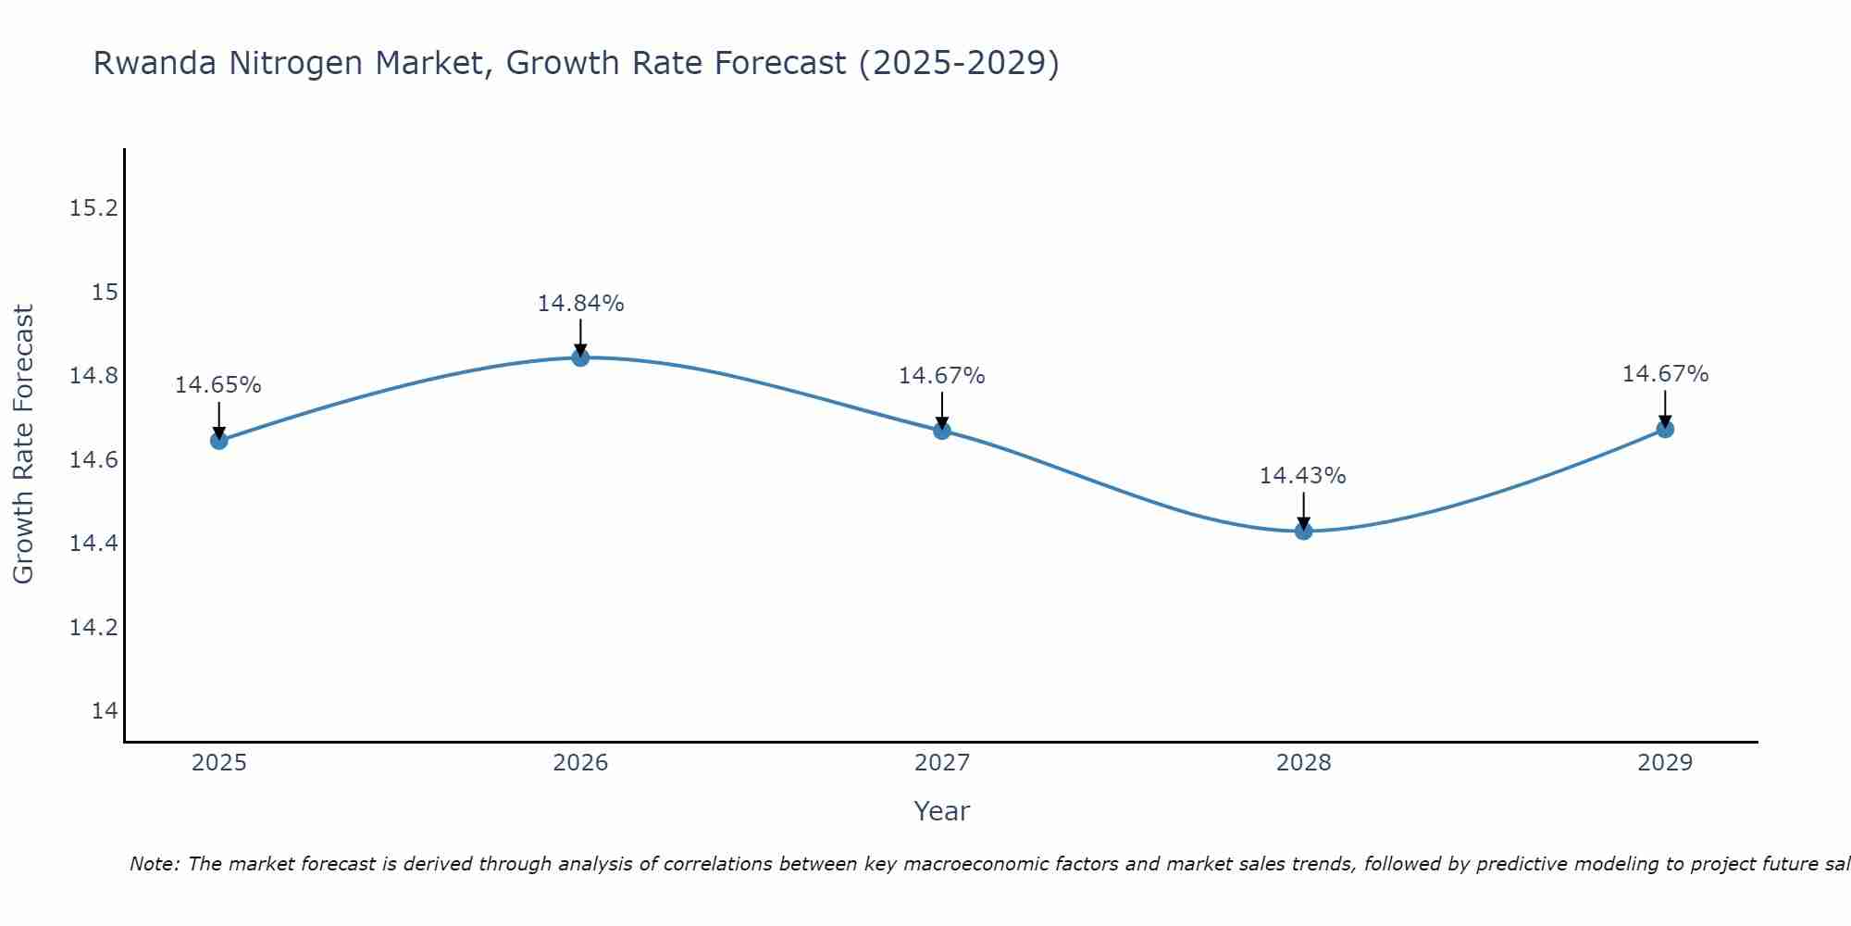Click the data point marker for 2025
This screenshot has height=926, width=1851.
218,441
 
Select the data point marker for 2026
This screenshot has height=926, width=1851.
580,357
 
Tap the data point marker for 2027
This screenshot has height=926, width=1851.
942,431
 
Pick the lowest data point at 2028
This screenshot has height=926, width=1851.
1303,531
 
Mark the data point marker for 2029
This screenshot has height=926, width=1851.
1665,429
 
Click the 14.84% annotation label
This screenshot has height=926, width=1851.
580,304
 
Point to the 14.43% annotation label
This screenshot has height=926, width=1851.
1302,476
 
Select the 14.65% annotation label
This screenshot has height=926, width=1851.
218,385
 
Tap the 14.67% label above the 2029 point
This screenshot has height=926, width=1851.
1665,374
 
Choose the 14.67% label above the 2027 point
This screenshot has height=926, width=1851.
941,376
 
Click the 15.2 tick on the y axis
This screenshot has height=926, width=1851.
93,208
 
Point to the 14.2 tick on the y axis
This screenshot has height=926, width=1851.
93,628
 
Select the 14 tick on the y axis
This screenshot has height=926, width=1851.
105,711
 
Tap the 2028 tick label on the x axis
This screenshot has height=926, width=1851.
1303,763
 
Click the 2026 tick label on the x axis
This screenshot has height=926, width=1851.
580,763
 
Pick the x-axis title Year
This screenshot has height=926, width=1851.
941,811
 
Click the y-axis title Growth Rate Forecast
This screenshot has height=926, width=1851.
23,444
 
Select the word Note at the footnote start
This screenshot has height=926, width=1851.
155,864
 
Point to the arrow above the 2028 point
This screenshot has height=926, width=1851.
1303,509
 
